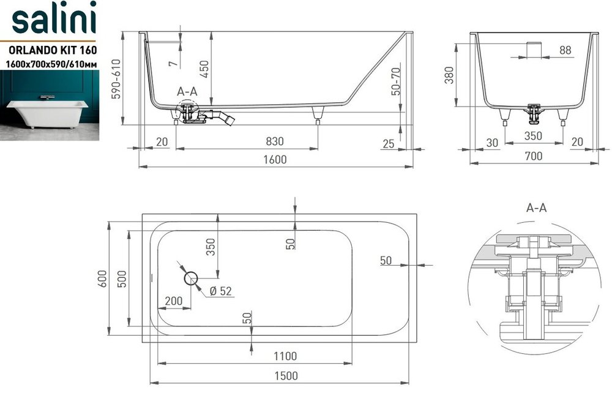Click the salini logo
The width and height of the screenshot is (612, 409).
click(54, 18)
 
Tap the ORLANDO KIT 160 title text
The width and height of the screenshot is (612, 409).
click(53, 50)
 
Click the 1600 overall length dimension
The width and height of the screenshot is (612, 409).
click(275, 159)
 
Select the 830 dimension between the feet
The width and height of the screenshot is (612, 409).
click(275, 141)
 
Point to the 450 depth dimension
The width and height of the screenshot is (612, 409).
click(204, 69)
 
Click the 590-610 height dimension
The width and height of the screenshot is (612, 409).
click(116, 79)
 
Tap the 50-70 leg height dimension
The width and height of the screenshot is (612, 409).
click(395, 81)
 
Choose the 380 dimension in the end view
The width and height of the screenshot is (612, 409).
click(449, 75)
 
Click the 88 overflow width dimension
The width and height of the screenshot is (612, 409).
click(565, 50)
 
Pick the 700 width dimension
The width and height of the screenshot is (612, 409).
click(534, 156)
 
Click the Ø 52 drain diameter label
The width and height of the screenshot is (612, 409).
click(220, 291)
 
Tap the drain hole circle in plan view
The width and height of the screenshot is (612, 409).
click(191, 279)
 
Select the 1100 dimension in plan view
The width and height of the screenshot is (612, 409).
click(285, 356)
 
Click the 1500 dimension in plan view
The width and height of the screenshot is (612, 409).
click(286, 376)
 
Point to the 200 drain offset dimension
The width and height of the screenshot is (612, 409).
click(174, 301)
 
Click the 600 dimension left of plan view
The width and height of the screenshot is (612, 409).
click(102, 279)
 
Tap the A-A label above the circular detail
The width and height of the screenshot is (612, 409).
click(536, 208)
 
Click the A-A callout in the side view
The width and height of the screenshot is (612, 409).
click(187, 91)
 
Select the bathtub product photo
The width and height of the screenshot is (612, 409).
click(50, 105)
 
